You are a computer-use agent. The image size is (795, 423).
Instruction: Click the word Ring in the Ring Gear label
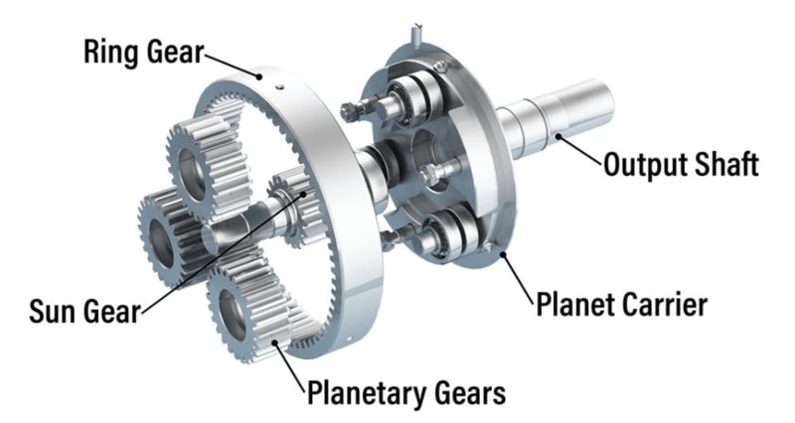click(109, 52)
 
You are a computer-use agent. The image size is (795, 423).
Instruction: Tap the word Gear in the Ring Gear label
click(173, 54)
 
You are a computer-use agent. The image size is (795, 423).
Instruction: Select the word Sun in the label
click(52, 311)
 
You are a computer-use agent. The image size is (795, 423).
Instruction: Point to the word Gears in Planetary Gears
click(469, 392)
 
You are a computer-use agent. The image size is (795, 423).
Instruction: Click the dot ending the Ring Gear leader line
click(259, 77)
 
